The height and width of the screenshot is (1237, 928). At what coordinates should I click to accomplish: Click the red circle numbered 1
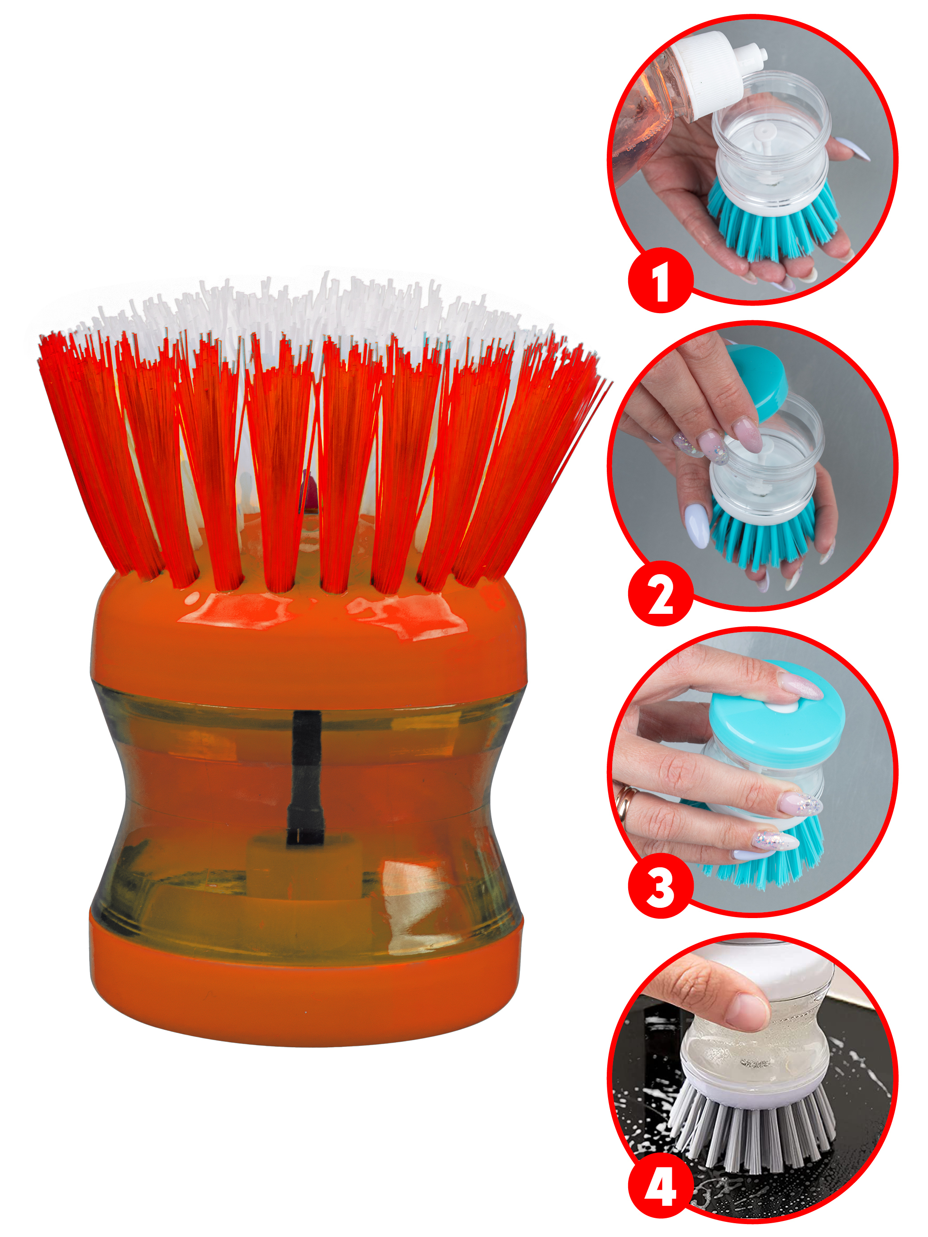[x=661, y=280]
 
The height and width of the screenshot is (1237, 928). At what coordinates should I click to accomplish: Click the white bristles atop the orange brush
[x=313, y=319]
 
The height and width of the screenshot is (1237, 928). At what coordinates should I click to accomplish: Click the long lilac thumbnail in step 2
[x=697, y=523]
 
